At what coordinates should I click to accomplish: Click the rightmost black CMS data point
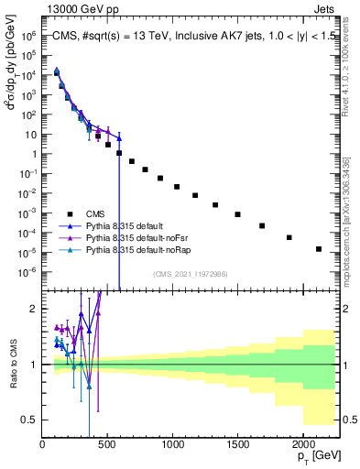(319, 248)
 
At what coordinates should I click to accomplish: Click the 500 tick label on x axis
(107, 444)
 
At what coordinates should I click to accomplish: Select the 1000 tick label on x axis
(171, 444)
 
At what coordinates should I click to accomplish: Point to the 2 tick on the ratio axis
(34, 309)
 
